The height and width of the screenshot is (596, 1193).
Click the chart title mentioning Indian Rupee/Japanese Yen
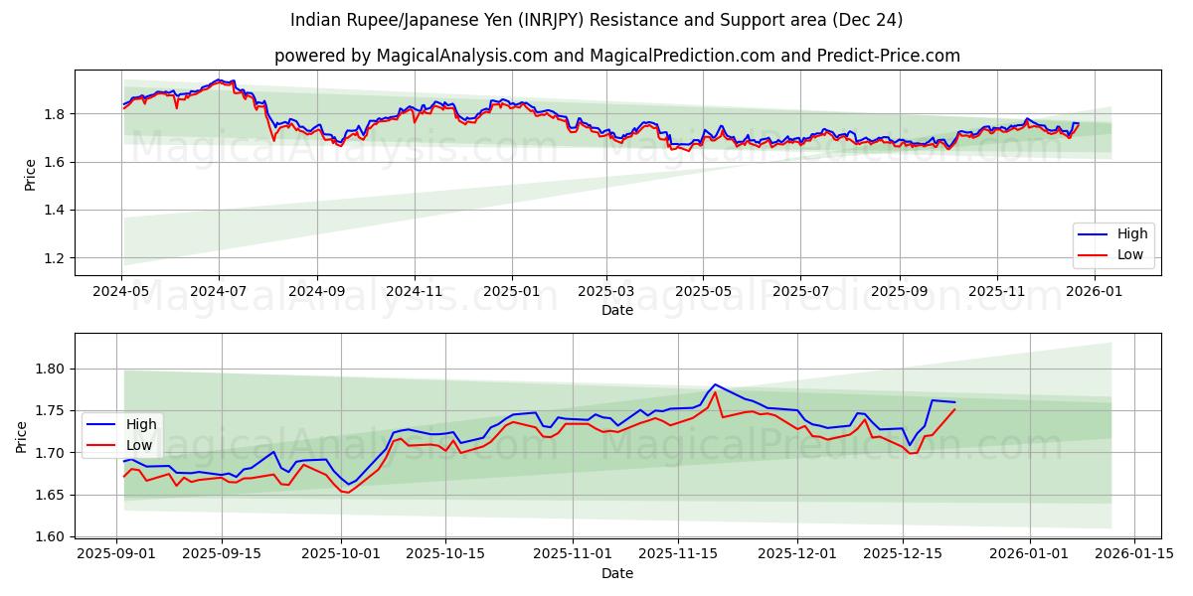596,20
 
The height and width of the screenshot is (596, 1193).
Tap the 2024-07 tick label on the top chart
219,292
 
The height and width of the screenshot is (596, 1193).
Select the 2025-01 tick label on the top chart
511,292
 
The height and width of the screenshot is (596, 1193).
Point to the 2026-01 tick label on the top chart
1095,292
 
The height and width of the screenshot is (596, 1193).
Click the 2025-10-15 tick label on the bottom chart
445,554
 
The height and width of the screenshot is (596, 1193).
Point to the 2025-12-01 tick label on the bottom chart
797,554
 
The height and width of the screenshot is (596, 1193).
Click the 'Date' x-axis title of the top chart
617,310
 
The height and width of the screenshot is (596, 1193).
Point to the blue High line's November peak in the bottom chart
714,384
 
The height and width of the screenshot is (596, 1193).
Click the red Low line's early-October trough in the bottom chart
347,493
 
